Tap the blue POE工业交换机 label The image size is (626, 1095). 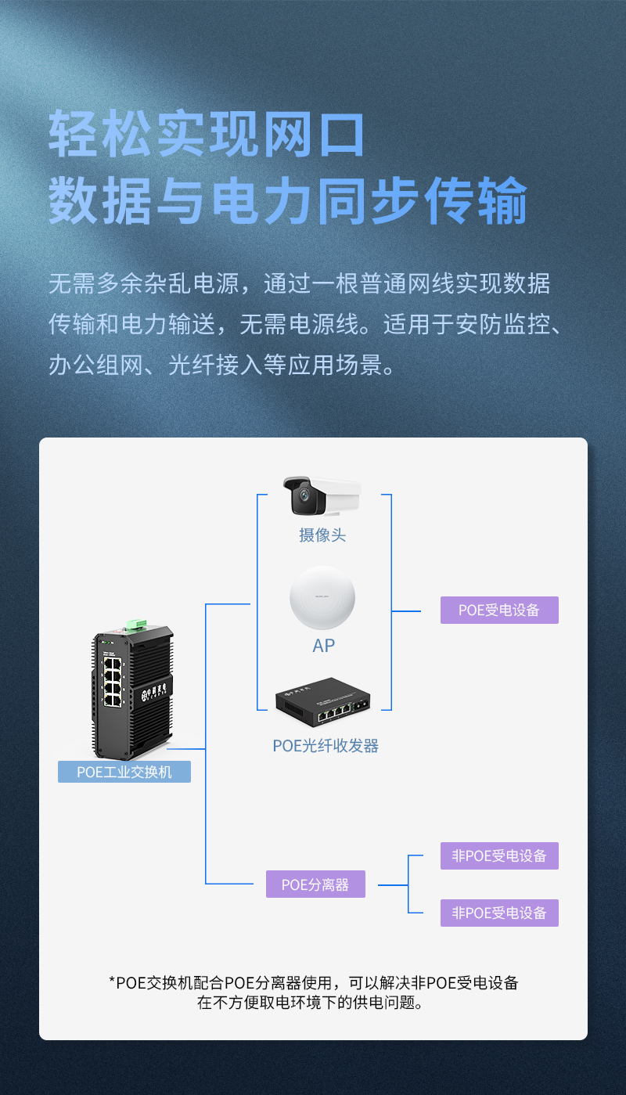pyautogui.click(x=124, y=772)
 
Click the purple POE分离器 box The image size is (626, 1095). pyautogui.click(x=315, y=885)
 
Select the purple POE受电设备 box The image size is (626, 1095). pyautogui.click(x=499, y=610)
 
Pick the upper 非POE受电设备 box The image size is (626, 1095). pyautogui.click(x=499, y=855)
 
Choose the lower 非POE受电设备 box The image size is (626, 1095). pyautogui.click(x=499, y=913)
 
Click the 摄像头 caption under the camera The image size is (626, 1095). pyautogui.click(x=322, y=535)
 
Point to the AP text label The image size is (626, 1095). pyautogui.click(x=323, y=646)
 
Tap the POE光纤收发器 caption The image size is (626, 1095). pyautogui.click(x=326, y=746)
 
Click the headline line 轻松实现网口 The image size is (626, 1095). pyautogui.click(x=207, y=135)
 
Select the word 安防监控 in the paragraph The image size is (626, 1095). pyautogui.click(x=498, y=323)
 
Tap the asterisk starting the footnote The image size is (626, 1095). pyautogui.click(x=112, y=982)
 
